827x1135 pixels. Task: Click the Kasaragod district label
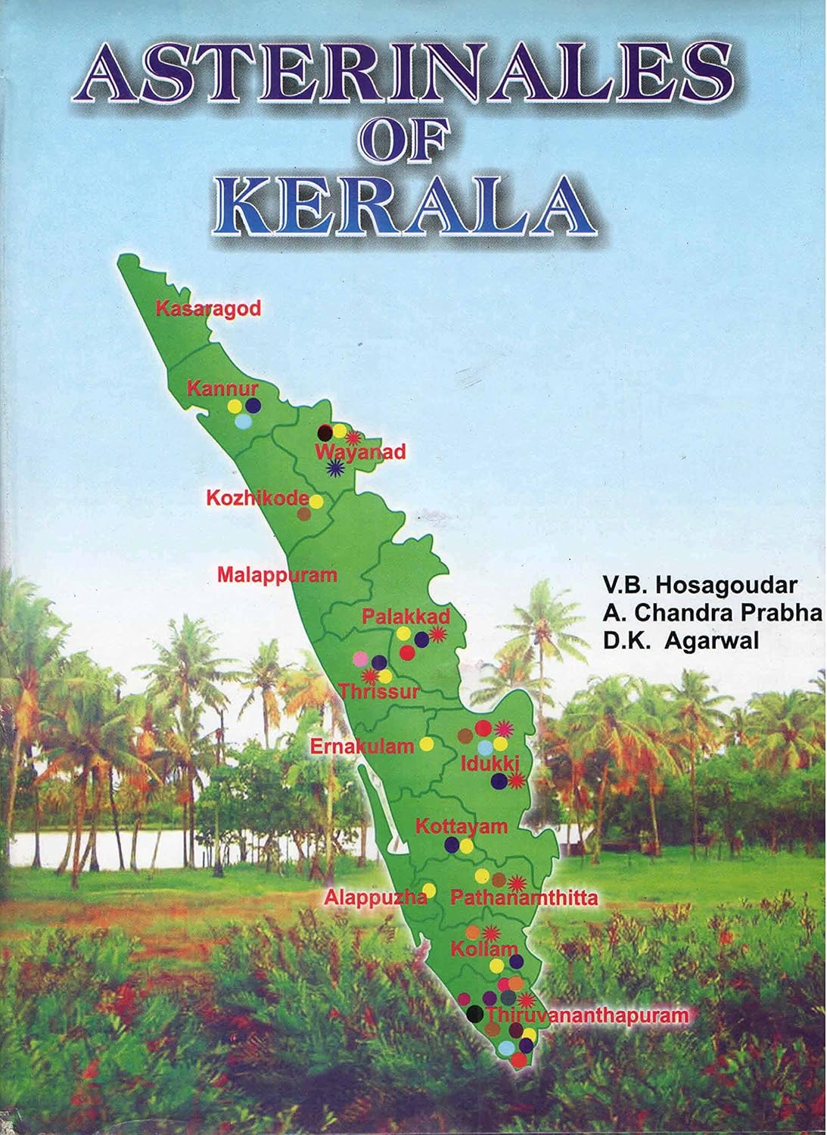(x=208, y=308)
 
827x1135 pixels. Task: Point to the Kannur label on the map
(x=212, y=390)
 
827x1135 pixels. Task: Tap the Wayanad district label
(x=360, y=452)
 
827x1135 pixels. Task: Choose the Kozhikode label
(x=257, y=499)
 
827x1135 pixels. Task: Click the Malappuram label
(x=277, y=574)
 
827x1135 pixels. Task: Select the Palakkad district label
(x=406, y=616)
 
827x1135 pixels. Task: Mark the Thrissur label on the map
(x=378, y=691)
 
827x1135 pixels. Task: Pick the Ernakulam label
(x=362, y=746)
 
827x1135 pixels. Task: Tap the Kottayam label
(x=462, y=826)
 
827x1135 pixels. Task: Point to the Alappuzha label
(x=375, y=898)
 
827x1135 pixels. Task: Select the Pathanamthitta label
(x=524, y=898)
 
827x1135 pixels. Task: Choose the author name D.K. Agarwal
(x=681, y=640)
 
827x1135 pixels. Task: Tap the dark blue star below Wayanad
(x=333, y=469)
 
